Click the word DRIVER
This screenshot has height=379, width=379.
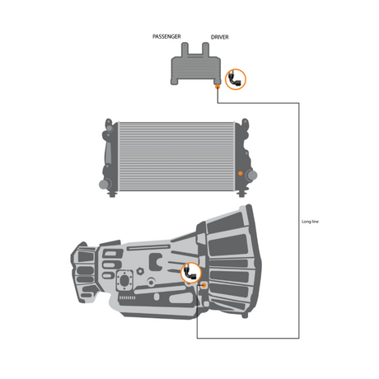[x=220, y=37]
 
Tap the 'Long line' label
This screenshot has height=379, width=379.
[x=311, y=222]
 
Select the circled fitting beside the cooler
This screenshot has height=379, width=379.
[x=236, y=78]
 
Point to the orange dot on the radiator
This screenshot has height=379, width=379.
[x=240, y=174]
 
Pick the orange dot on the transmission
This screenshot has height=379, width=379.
[x=203, y=285]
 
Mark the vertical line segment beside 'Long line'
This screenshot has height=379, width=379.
[x=298, y=165]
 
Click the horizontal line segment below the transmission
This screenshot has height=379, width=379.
[x=247, y=339]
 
